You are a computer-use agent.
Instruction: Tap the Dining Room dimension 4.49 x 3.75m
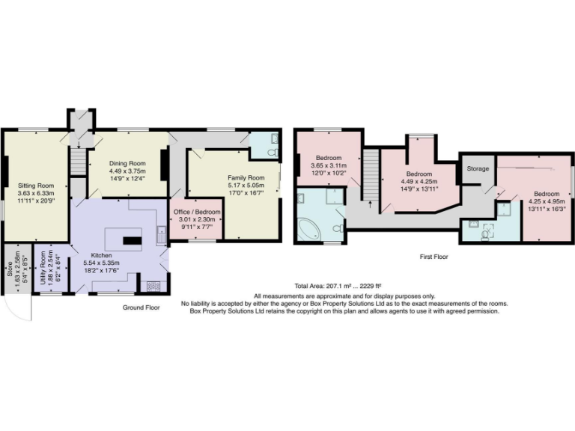coord(127,170)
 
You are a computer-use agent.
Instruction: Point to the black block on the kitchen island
coord(132,240)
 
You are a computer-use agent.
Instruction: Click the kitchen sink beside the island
coord(160,234)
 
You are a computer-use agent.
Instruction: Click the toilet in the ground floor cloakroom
coord(273,153)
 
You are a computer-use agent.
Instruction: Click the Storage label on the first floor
coord(478,169)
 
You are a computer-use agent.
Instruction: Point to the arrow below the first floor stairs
coord(369,202)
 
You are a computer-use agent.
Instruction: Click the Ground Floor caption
coord(142,308)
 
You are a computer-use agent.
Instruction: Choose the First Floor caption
coord(434,256)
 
